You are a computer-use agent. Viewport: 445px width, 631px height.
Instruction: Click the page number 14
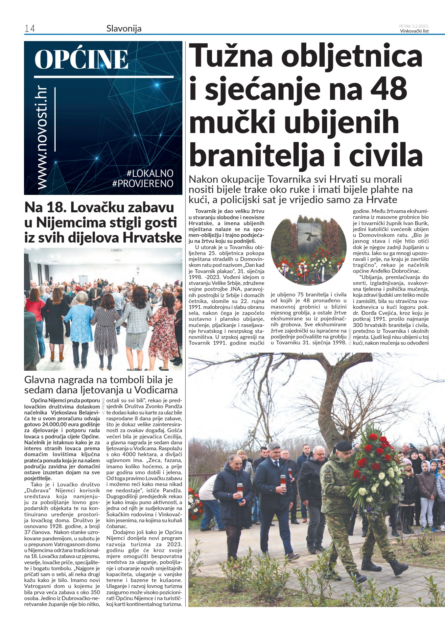(x=30, y=29)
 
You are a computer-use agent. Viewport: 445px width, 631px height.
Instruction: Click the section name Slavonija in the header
(x=124, y=29)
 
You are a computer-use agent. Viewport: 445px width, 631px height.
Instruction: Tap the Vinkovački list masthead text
(x=414, y=31)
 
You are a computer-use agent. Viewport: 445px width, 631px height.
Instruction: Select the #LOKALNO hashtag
(x=150, y=173)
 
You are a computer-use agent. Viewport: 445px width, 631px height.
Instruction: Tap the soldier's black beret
(x=343, y=446)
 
